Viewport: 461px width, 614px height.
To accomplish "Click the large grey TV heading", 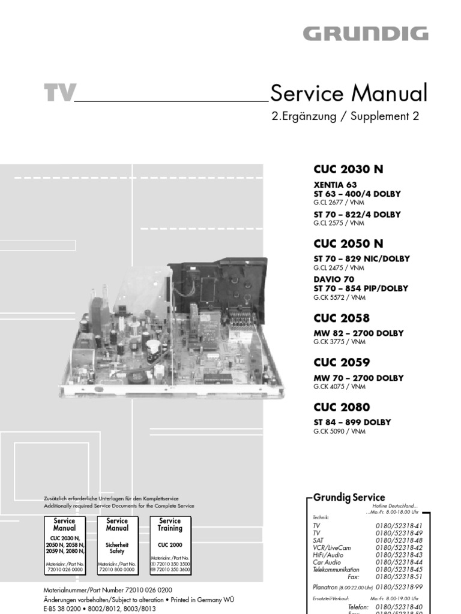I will pyautogui.click(x=59, y=94).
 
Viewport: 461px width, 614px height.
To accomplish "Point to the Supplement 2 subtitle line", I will pyautogui.click(x=345, y=117).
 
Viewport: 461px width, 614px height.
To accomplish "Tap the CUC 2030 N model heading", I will pyautogui.click(x=348, y=170).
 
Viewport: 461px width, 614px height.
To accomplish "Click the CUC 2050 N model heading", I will pyautogui.click(x=348, y=244).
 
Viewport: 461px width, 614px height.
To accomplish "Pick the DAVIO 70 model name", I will pyautogui.click(x=334, y=279).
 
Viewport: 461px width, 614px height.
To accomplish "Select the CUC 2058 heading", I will pyautogui.click(x=342, y=318).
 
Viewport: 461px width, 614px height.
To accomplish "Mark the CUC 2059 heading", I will pyautogui.click(x=342, y=363).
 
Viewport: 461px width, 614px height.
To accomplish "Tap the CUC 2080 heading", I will pyautogui.click(x=342, y=408).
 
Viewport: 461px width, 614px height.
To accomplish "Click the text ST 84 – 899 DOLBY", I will pyautogui.click(x=352, y=422).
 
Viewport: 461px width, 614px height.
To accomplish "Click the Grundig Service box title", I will pyautogui.click(x=349, y=497).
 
